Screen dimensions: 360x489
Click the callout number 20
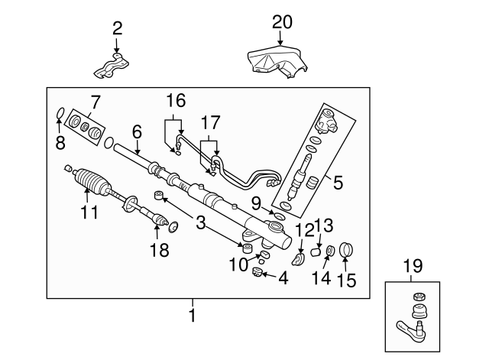[x=282, y=23]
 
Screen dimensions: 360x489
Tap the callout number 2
[x=117, y=29]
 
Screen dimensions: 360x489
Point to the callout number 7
[x=96, y=101]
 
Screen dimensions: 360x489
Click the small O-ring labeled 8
[x=59, y=117]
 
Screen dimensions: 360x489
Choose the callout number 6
[x=137, y=131]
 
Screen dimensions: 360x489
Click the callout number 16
[x=176, y=100]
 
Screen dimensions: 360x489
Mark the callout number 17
[x=209, y=122]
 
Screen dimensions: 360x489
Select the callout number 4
[x=283, y=279]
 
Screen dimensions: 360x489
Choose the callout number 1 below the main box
[x=193, y=313]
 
